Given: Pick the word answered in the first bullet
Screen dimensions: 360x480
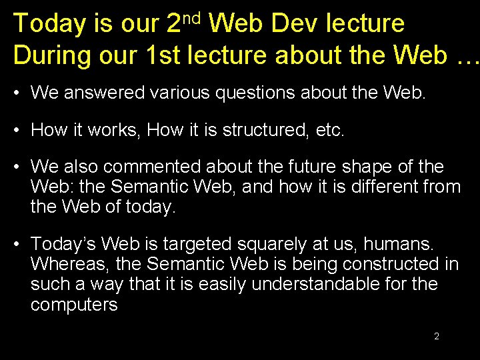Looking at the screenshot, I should [103, 92].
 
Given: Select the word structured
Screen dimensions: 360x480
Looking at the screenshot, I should [265, 129].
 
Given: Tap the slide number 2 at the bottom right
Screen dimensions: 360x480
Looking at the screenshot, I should [436, 336].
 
